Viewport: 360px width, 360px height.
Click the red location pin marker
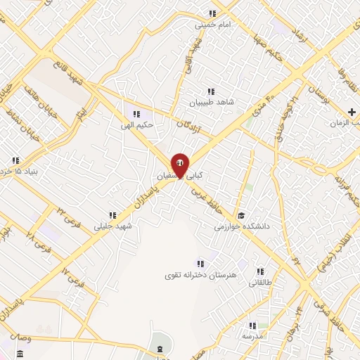[x=180, y=165]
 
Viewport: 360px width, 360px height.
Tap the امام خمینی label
[x=213, y=25]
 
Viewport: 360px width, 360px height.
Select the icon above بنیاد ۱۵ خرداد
[x=15, y=161]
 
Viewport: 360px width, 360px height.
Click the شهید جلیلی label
[x=112, y=225]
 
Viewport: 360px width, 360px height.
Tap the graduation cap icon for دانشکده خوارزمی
[x=241, y=216]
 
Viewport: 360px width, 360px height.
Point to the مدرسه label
[x=251, y=336]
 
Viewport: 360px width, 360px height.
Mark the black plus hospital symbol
[x=352, y=112]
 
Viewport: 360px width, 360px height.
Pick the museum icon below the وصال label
[x=20, y=352]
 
